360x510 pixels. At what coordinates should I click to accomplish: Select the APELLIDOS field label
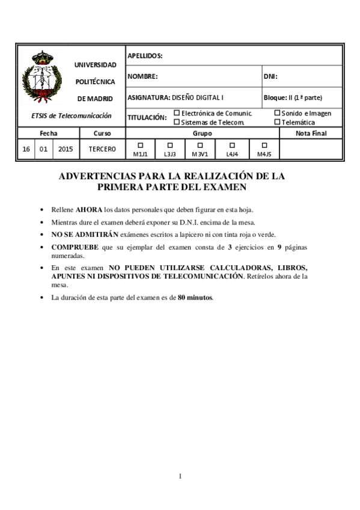click(145, 56)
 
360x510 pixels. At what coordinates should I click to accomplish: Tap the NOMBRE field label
click(142, 76)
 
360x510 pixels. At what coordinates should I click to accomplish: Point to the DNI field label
click(270, 76)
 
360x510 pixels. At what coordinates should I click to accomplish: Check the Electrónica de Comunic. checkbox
click(177, 112)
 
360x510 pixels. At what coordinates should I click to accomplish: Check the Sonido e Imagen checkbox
click(277, 112)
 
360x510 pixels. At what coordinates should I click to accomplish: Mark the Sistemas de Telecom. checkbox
click(177, 121)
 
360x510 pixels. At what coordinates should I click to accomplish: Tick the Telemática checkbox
click(277, 121)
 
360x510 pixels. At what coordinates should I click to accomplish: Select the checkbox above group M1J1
click(140, 145)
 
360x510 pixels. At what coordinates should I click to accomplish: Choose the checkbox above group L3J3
click(169, 145)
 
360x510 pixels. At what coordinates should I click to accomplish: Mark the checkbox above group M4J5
click(264, 145)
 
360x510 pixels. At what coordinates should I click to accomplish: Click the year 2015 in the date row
click(66, 149)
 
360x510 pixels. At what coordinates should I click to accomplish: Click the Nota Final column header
click(311, 133)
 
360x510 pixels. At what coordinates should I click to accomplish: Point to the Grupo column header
click(202, 133)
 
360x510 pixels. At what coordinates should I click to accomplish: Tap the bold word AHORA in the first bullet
click(88, 210)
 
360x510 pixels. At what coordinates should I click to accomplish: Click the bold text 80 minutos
click(195, 298)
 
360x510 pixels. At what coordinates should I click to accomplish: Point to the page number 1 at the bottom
click(180, 476)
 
